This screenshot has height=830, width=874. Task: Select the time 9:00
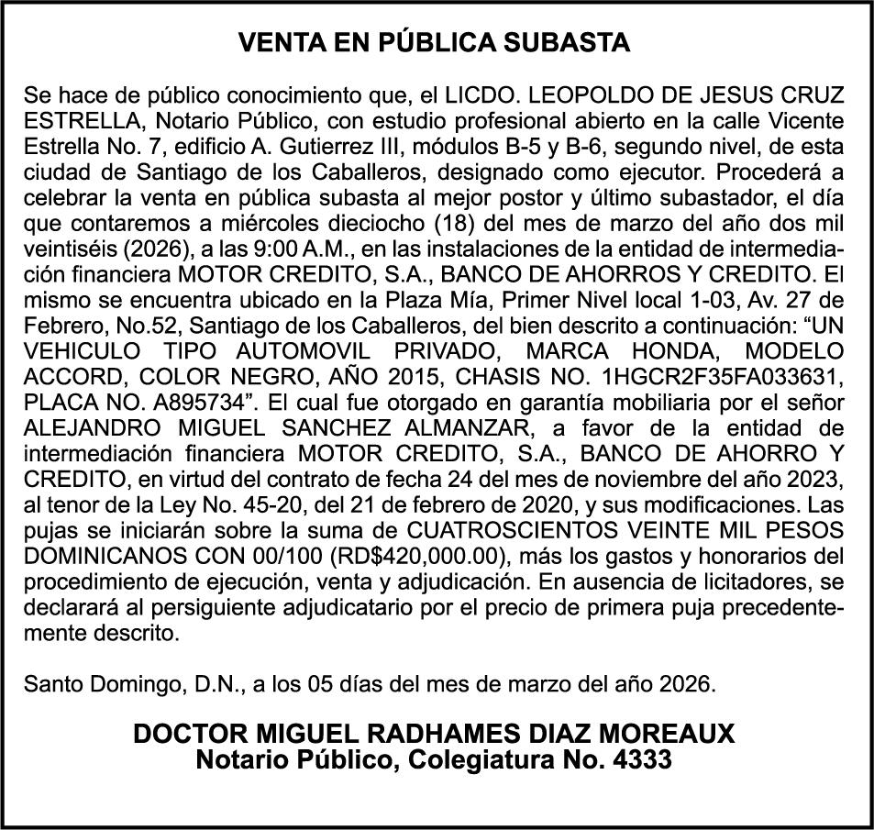click(273, 249)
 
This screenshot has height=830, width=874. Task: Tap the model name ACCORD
click(68, 376)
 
